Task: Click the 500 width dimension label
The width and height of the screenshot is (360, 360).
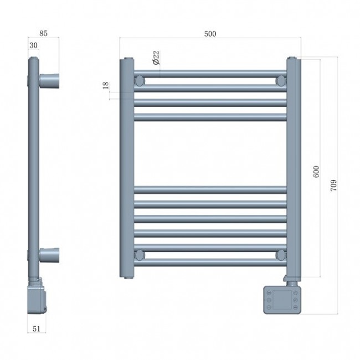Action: click(210, 34)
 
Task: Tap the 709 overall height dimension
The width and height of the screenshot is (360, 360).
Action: click(333, 186)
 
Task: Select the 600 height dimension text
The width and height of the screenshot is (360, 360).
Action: click(316, 172)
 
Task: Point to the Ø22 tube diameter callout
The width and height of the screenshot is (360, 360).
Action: click(156, 57)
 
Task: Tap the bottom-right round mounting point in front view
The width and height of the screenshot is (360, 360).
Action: click(281, 255)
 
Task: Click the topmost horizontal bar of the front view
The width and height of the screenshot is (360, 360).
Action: click(210, 73)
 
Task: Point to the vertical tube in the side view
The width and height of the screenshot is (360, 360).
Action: click(34, 166)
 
